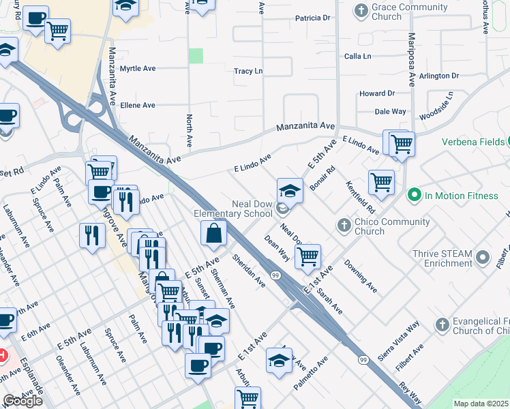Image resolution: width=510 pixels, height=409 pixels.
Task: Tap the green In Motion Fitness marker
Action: click(x=413, y=196)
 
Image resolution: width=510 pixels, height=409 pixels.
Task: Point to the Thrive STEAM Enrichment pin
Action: click(x=483, y=258)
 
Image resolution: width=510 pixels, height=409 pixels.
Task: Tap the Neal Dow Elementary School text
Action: click(x=233, y=209)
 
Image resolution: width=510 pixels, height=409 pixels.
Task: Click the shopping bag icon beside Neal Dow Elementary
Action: click(x=214, y=232)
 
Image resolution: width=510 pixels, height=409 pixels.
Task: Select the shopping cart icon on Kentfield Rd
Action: click(x=381, y=182)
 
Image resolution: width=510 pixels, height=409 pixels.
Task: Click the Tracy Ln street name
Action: click(x=248, y=71)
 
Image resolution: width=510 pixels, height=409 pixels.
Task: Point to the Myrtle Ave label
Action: click(x=138, y=69)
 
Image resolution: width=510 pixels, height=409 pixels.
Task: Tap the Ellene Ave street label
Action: click(x=138, y=105)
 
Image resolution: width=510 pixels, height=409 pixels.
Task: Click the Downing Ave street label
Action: click(x=361, y=275)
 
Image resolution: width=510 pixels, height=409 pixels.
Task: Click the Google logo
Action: click(x=22, y=401)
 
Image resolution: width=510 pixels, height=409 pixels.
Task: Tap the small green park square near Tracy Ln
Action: click(x=196, y=56)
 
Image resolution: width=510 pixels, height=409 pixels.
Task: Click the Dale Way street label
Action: click(x=391, y=111)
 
